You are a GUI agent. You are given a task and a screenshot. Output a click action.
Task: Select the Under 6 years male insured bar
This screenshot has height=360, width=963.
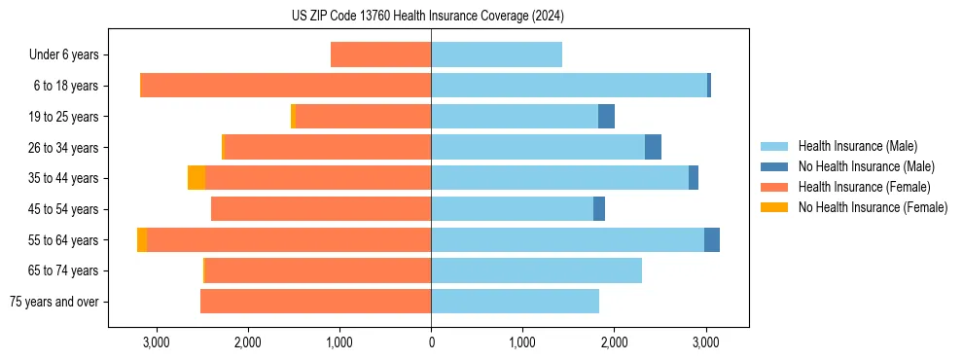[496, 54]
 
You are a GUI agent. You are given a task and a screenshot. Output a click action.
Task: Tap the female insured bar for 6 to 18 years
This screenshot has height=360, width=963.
[287, 86]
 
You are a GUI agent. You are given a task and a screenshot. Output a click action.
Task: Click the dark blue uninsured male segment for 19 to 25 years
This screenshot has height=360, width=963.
[606, 116]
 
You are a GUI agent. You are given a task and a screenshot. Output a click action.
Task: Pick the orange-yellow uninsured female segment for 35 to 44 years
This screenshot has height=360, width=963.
[196, 178]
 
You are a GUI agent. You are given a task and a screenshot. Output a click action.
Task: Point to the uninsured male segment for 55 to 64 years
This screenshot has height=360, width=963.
[712, 239]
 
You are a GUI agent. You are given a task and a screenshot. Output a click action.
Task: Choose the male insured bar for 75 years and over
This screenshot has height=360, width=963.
[515, 302]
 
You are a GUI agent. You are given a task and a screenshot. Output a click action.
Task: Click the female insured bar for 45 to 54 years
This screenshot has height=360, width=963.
[321, 208]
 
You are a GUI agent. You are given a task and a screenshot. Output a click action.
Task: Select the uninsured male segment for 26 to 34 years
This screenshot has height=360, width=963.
[653, 147]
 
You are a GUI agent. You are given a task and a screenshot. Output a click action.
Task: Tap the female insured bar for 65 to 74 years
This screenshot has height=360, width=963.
[318, 270]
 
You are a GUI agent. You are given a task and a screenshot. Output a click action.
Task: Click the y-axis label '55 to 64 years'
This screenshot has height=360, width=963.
[64, 240]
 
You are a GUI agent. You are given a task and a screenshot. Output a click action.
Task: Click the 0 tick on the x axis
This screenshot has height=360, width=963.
[431, 342]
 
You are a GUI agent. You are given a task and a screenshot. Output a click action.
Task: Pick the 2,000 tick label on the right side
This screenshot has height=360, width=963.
[614, 342]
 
